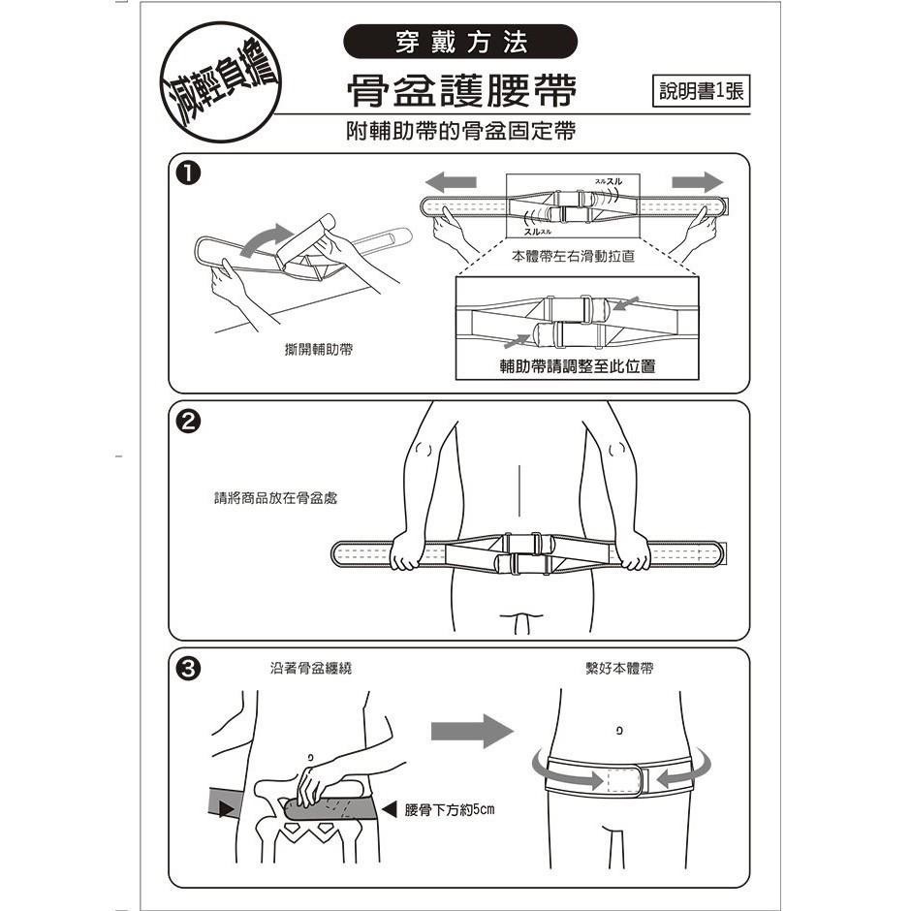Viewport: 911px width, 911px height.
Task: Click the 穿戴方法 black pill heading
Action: click(x=461, y=42)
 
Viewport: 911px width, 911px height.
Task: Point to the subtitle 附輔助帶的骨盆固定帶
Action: click(x=461, y=131)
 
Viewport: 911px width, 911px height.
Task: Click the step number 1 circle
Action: click(x=190, y=174)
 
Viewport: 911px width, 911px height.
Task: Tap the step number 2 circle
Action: click(x=190, y=422)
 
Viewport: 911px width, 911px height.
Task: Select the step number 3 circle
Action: click(x=190, y=669)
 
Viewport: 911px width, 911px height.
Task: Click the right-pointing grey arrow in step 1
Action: click(x=697, y=182)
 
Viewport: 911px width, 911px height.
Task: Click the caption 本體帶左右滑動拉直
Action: click(x=573, y=257)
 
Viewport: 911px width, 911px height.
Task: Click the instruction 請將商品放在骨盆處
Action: click(x=276, y=498)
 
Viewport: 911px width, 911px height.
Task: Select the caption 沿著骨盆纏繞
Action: click(x=304, y=669)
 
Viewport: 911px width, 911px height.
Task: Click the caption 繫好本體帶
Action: click(x=620, y=669)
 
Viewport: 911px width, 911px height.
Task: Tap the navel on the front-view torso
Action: click(x=618, y=729)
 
